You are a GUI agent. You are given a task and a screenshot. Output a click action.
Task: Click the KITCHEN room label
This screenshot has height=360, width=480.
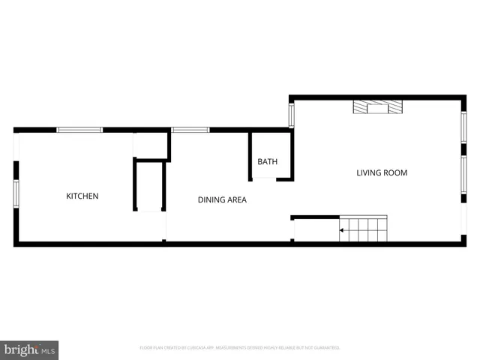coord(82,196)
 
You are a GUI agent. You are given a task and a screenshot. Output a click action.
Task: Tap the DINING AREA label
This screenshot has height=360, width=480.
coord(222,200)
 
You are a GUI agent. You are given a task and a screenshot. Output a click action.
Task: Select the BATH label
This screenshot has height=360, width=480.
coord(268,162)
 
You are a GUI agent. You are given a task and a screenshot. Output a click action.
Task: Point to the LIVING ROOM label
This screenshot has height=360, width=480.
coord(382,172)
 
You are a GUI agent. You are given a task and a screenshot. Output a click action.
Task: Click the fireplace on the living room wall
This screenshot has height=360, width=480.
coord(378,107)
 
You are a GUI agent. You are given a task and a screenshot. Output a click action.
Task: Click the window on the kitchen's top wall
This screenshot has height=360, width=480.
coord(80,130)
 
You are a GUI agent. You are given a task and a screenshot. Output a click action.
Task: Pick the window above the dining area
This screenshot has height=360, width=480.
coord(190,130)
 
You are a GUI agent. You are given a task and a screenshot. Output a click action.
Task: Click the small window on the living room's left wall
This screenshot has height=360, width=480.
coord(292,115)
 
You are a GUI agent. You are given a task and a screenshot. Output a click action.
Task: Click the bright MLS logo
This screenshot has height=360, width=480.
coord(29,349)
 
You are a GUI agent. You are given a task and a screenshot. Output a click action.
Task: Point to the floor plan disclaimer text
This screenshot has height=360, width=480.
coord(240,348)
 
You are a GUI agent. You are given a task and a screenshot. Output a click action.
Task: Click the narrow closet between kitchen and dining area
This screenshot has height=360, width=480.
coord(149,187)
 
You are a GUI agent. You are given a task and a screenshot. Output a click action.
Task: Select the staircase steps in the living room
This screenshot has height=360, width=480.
coord(364,229)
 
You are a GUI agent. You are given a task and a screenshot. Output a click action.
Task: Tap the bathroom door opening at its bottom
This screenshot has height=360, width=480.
coord(264,178)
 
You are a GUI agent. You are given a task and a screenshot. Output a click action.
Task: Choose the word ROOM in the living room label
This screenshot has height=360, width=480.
coord(394,172)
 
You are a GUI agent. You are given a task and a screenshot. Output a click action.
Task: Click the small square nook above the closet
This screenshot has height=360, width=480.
coord(151,145)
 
